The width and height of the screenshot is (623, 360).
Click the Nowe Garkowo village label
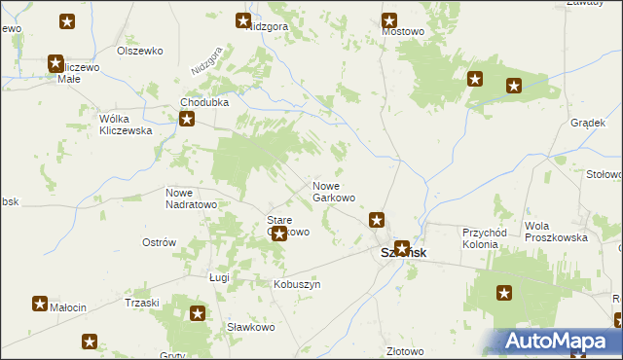[333, 192]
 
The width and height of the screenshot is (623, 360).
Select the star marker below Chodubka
[187, 121]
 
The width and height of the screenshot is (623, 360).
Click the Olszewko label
[137, 50]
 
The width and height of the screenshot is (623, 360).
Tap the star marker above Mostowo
[389, 19]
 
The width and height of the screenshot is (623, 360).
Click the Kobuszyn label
[297, 284]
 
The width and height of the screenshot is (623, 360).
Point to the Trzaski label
[142, 303]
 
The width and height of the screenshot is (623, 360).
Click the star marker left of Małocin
[40, 304]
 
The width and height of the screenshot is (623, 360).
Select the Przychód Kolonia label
[495, 238]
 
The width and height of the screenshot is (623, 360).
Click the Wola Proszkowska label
[556, 232]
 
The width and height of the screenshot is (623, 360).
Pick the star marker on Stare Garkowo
[279, 234]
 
